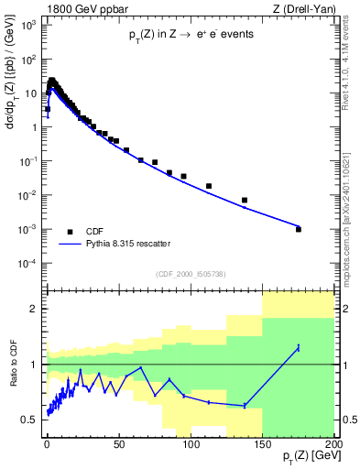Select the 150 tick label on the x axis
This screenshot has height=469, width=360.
[x=262, y=443]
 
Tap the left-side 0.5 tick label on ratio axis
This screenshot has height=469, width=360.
[x=30, y=420]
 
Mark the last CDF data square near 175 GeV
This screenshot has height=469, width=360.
[x=299, y=229]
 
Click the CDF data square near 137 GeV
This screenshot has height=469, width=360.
[x=245, y=200]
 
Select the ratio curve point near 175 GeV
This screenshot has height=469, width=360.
[x=299, y=347]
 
